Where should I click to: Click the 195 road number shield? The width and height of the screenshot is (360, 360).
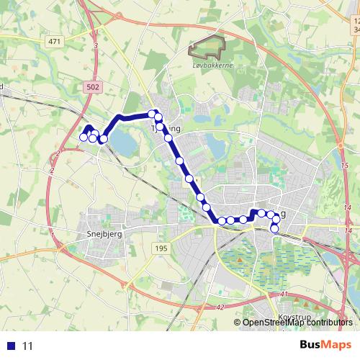[x=161, y=248]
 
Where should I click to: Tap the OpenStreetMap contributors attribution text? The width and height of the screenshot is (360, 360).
[x=297, y=323]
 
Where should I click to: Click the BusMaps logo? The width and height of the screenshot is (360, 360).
[x=325, y=345]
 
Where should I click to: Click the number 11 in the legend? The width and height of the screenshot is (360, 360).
[x=28, y=346]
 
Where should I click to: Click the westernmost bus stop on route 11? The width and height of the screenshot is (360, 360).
[x=84, y=137]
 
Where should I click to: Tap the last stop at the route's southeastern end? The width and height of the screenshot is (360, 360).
[x=274, y=229]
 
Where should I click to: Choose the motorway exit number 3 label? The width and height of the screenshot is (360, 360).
[x=95, y=45]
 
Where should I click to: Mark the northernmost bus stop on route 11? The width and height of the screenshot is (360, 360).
[x=153, y=114]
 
